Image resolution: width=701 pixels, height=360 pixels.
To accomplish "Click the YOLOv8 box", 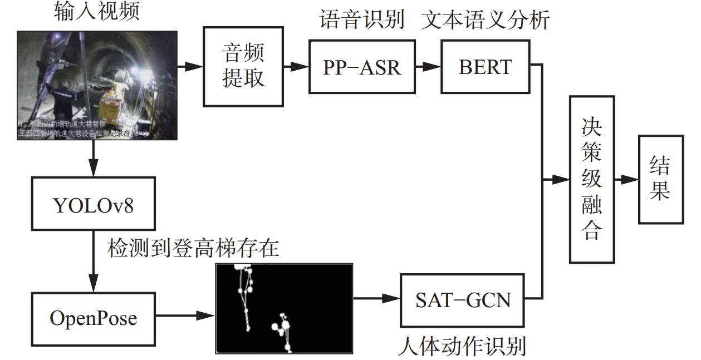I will coord(93,204).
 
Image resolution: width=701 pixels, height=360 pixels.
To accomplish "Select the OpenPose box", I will coord(93,318).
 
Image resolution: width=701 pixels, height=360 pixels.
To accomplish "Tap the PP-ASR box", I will coord(362,66).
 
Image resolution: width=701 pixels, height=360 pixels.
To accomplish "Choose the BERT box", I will coord(485,66).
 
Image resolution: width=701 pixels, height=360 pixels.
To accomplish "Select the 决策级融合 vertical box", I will coord(591,179).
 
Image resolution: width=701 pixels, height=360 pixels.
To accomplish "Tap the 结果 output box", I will coord(660,179).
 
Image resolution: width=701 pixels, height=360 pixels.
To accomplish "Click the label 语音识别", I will coord(361,21).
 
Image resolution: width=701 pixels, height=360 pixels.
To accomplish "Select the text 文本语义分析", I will coord(486,21).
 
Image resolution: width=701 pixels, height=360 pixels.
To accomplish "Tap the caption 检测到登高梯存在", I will coord(193,248).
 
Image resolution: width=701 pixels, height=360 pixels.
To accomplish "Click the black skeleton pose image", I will coord(284,308).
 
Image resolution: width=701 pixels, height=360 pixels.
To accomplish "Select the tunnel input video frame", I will coord(97,85).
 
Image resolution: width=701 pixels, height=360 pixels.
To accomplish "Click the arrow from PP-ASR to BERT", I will coord(428,66).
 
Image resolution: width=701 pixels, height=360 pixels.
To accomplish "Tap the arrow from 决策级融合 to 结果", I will coord(626,179).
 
